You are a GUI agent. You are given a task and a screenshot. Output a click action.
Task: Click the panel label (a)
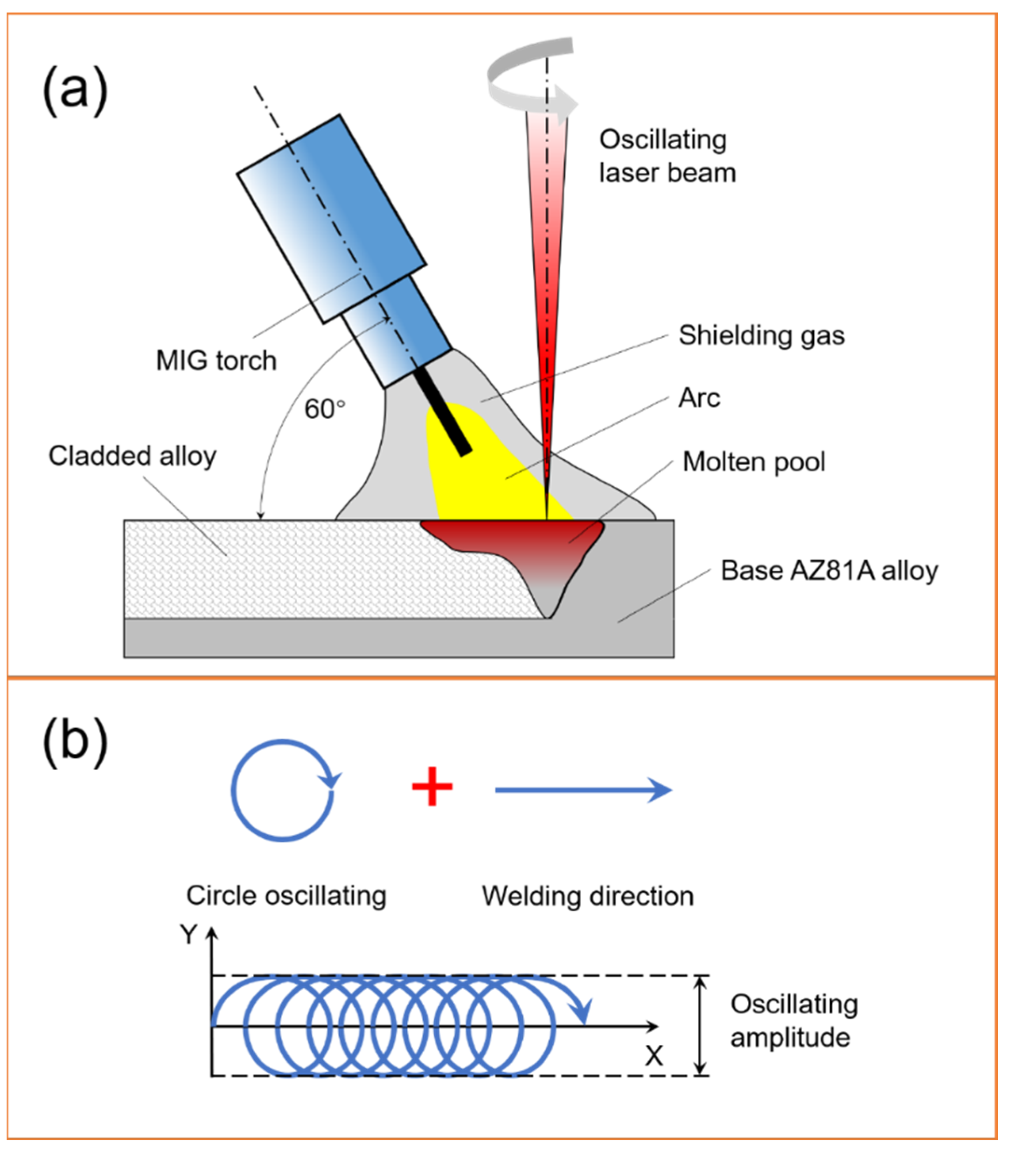tap(75, 90)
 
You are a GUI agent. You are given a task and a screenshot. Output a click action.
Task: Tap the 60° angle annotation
tap(325, 409)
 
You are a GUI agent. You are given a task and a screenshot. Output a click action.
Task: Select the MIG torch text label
tap(216, 360)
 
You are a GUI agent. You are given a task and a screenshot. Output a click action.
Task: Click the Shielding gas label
tap(761, 336)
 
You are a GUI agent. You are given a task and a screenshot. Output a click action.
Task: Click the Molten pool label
tap(754, 462)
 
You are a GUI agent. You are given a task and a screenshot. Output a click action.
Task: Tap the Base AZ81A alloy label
tap(829, 571)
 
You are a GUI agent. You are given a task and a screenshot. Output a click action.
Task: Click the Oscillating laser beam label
tap(667, 156)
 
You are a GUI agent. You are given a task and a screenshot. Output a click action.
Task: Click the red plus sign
tap(432, 786)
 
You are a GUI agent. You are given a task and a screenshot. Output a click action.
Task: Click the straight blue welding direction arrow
tap(583, 790)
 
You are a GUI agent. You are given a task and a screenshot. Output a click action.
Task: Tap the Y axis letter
tap(188, 934)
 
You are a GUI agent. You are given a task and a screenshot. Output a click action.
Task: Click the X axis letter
tap(654, 1055)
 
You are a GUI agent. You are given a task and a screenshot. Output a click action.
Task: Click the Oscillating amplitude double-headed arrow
tap(700, 1025)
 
